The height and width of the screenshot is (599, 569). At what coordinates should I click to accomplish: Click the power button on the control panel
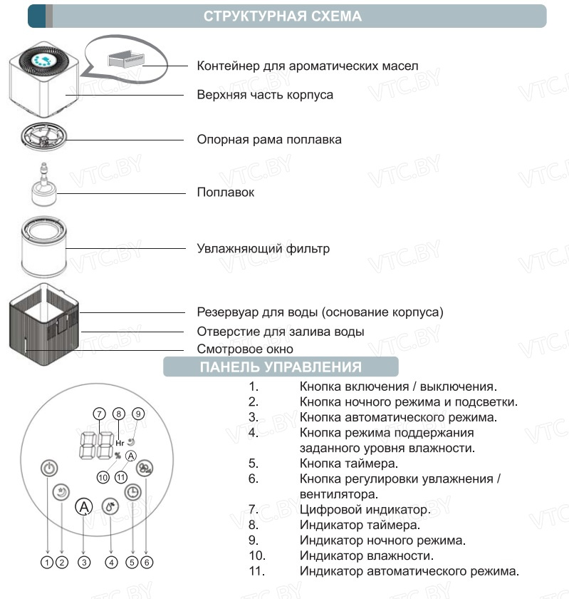point(48,469)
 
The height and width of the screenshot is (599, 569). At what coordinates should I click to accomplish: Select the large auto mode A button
point(84,507)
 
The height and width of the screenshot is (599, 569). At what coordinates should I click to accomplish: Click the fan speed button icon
point(145,469)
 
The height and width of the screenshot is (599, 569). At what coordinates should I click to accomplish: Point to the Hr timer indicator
point(119,443)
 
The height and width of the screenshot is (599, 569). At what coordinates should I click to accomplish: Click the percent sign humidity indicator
point(118,455)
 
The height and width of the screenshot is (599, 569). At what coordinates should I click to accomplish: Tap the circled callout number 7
point(99,413)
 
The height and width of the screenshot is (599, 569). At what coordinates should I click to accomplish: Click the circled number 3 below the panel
point(84,562)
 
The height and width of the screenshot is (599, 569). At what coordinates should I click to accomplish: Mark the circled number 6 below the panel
point(147,562)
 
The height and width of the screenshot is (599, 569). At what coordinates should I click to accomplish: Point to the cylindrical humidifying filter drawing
point(44,248)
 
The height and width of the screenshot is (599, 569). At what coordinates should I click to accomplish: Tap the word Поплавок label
point(225,193)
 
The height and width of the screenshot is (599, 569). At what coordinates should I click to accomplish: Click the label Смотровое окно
point(244,349)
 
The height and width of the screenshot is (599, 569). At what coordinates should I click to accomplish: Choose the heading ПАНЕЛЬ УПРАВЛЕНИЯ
point(280,367)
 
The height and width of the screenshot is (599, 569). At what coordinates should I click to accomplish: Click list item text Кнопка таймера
point(348,464)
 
